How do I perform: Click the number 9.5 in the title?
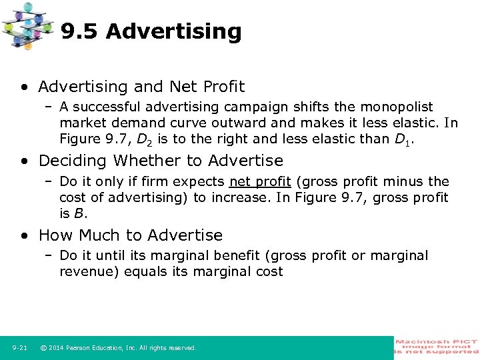(x=79, y=31)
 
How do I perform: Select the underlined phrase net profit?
(x=260, y=181)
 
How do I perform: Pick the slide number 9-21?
(x=19, y=347)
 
